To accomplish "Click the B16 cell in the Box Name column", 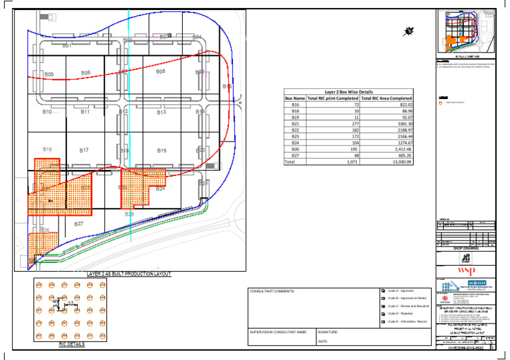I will tap(296, 105).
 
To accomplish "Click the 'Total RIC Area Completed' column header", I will tap(386, 98).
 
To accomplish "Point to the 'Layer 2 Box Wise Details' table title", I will tap(349, 92).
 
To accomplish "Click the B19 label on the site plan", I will tap(161, 151).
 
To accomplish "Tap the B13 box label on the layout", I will tap(161, 113).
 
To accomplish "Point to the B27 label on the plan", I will tap(78, 224).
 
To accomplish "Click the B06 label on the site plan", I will tap(86, 72).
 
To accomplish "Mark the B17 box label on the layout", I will tap(84, 151).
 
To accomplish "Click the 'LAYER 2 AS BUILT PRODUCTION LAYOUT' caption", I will tap(129, 274).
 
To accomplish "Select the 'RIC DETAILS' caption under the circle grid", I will tap(72, 345).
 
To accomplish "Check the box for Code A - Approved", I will tap(384, 292).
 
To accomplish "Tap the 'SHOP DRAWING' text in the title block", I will tap(465, 248).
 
